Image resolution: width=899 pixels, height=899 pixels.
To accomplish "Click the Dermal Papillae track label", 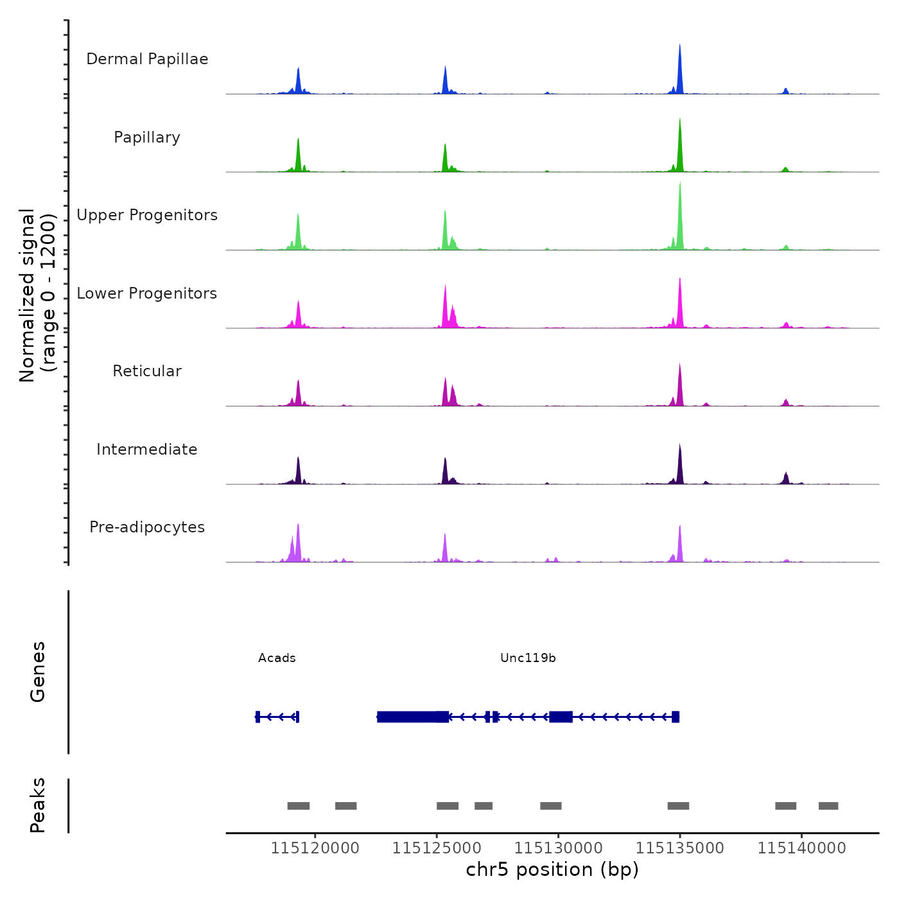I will [x=147, y=59].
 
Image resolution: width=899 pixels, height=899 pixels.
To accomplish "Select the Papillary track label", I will [x=147, y=137].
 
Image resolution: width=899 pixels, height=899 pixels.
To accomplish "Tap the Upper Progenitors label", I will [x=147, y=215].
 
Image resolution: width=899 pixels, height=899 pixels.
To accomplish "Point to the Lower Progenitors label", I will [x=147, y=293].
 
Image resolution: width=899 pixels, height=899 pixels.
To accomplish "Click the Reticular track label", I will [x=147, y=371].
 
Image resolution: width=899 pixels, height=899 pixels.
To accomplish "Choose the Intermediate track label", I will [x=147, y=449].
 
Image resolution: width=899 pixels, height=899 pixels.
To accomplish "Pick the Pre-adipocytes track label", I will [x=147, y=527].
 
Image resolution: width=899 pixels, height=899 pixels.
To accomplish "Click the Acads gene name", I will [x=277, y=658].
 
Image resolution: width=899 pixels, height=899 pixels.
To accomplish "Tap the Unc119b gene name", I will [x=528, y=658].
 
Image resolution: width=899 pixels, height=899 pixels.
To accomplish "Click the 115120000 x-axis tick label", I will [x=315, y=848].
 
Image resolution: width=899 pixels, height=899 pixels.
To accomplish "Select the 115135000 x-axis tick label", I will [x=680, y=848].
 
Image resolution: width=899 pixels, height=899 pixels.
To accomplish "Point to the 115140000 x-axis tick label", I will [x=801, y=848].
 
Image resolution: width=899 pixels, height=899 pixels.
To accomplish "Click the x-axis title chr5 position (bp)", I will [x=552, y=870].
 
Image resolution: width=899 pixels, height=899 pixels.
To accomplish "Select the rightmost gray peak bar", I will [x=828, y=806].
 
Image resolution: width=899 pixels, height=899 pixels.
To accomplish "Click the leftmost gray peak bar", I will [x=299, y=806].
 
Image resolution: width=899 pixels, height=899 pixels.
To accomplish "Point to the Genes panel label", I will [x=38, y=672].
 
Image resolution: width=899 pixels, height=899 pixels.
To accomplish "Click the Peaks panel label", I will [x=38, y=805].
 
